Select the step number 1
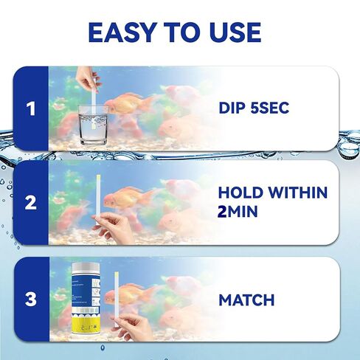coord(30,109)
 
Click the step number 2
coord(30,203)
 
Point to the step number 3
coord(30,300)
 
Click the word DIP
coord(235,109)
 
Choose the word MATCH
coord(246,300)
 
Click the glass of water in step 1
coord(93,122)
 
